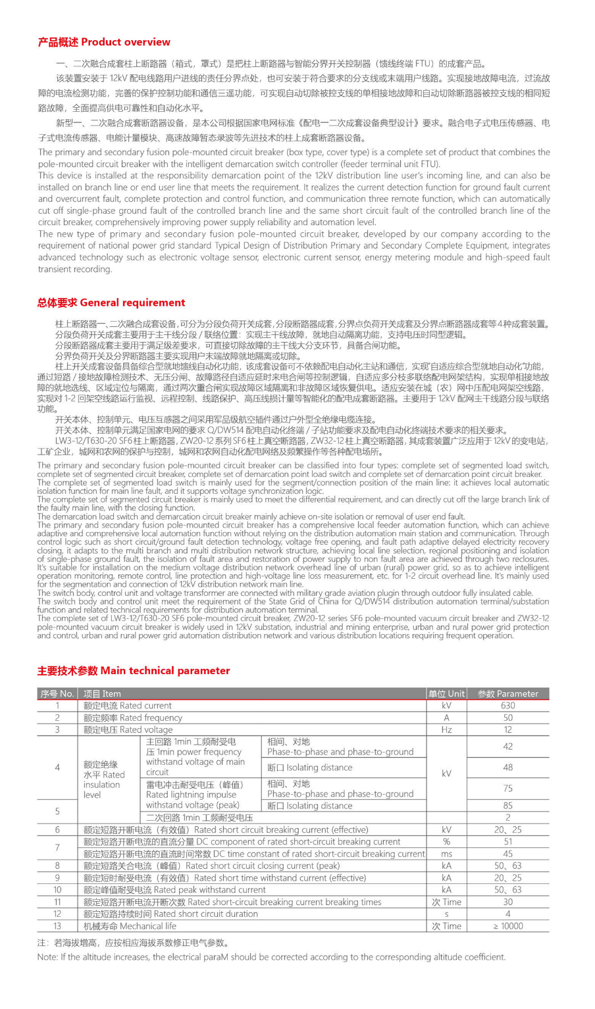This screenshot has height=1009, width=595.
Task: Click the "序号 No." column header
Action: pyautogui.click(x=57, y=693)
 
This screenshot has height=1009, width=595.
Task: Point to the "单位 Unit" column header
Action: pyautogui.click(x=446, y=693)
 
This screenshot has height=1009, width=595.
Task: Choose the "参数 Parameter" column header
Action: pyautogui.click(x=507, y=693)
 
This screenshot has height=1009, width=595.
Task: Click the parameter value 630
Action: pyautogui.click(x=507, y=705)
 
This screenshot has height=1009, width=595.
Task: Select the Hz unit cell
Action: pyautogui.click(x=446, y=729)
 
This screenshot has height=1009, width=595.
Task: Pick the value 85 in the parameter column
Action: pyautogui.click(x=507, y=805)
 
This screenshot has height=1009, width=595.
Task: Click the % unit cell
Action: pyautogui.click(x=446, y=841)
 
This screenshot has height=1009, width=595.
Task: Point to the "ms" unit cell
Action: pyautogui.click(x=446, y=854)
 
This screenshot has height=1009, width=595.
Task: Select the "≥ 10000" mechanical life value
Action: pyautogui.click(x=507, y=925)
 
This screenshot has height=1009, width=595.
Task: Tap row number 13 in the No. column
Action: pyautogui.click(x=57, y=925)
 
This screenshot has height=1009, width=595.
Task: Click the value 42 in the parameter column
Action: pyautogui.click(x=507, y=747)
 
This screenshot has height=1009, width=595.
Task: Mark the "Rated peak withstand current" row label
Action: pyautogui.click(x=174, y=889)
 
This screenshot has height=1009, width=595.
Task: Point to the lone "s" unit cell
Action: pyautogui.click(x=446, y=914)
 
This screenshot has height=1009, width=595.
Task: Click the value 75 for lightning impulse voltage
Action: pyautogui.click(x=507, y=788)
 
